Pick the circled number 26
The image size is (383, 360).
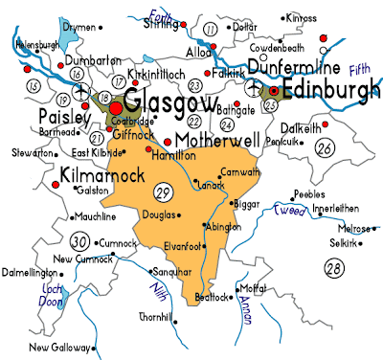324,147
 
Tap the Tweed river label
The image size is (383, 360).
288,209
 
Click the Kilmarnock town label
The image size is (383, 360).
101,174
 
